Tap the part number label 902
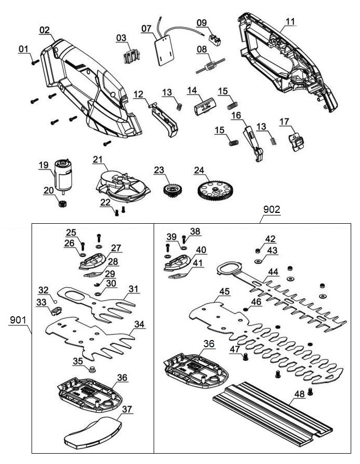pyautogui.click(x=272, y=209)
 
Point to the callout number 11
pyautogui.click(x=291, y=22)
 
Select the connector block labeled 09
pyautogui.click(x=214, y=38)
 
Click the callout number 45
pyautogui.click(x=224, y=291)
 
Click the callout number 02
pyautogui.click(x=46, y=30)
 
